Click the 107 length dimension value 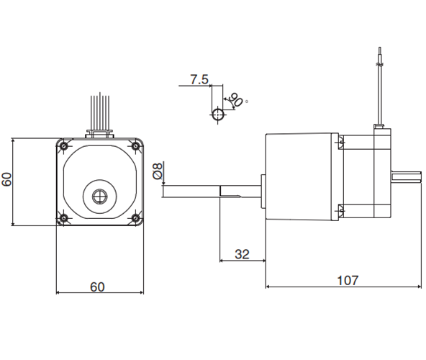pos(348,280)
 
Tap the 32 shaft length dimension pos(242,254)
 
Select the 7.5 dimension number pos(199,79)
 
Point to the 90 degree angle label pos(236,100)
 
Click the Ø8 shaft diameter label pos(158,171)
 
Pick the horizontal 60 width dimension pos(97,287)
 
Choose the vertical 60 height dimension pos(6,179)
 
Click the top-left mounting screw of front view pos(64,146)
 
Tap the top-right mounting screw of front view pos(135,146)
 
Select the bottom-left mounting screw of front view pos(64,217)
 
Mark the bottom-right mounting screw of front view pos(135,217)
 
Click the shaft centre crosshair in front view pos(100,197)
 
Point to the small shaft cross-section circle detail pos(218,114)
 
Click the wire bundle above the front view pos(100,112)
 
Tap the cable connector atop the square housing pos(100,135)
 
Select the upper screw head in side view pos(342,143)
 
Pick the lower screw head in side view pos(342,210)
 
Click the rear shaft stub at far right pos(406,176)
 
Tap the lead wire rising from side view pos(380,86)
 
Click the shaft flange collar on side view pos(263,192)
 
